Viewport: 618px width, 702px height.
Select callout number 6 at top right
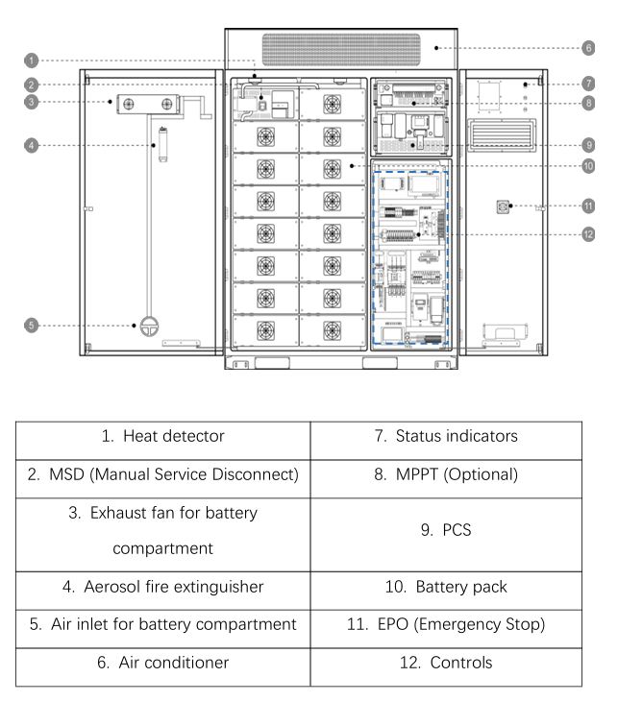(x=587, y=46)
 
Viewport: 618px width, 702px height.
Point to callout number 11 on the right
(x=587, y=206)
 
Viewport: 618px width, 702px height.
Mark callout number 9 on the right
(x=587, y=145)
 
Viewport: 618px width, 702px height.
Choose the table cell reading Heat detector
(x=162, y=436)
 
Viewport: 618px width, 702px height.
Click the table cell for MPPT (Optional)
(x=446, y=474)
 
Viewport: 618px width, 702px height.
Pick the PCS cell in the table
(x=446, y=529)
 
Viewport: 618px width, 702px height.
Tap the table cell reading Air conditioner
(x=162, y=663)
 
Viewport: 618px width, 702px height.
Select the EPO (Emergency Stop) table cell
(x=446, y=624)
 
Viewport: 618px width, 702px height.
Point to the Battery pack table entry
(x=446, y=586)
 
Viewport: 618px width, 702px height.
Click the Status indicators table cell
(x=446, y=436)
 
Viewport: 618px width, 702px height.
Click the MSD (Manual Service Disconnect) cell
(x=162, y=474)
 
